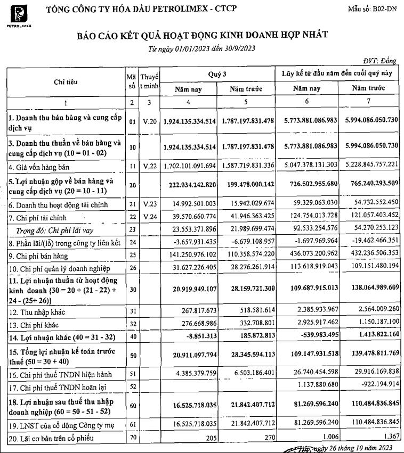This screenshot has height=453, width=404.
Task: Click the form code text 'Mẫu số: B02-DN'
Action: (x=373, y=9)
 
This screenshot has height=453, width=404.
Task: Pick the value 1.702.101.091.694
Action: (x=190, y=166)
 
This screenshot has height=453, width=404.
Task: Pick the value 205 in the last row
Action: (x=209, y=438)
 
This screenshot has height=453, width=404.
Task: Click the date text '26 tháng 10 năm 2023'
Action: (x=362, y=448)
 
